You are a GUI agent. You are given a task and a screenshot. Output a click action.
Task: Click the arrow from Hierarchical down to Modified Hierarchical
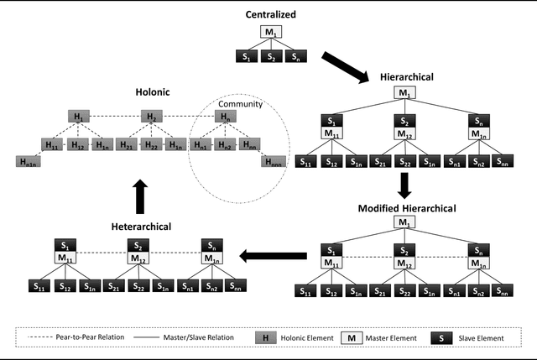[x=404, y=184]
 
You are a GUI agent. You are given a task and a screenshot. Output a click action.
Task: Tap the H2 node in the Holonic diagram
[x=151, y=117]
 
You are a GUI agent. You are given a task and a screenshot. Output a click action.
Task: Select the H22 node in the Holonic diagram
[x=151, y=144]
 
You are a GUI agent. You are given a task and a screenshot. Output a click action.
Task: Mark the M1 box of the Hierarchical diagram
[x=404, y=92]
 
